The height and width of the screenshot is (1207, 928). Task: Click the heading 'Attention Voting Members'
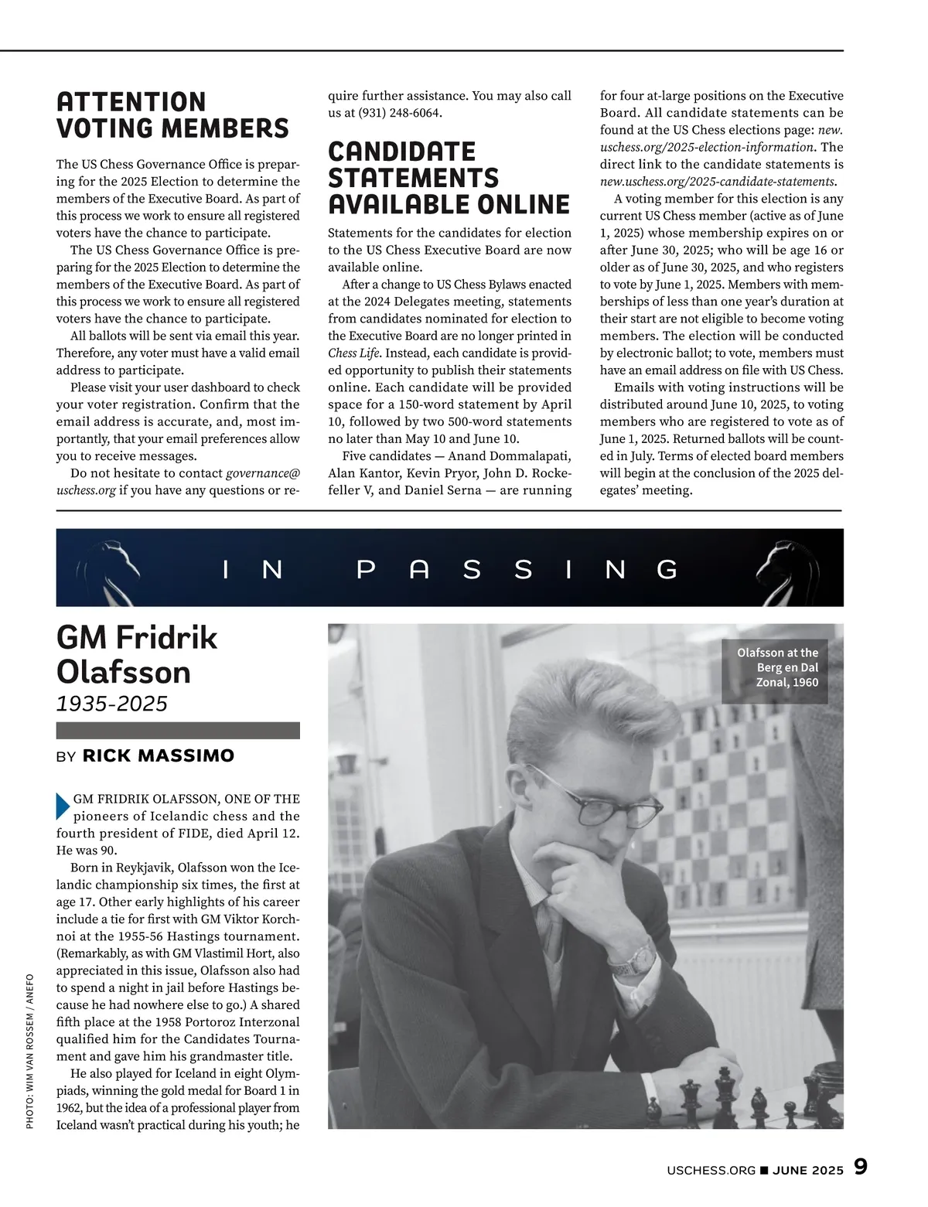(172, 114)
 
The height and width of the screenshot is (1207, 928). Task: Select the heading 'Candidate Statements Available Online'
(449, 178)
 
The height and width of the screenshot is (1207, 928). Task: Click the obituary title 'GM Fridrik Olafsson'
(137, 655)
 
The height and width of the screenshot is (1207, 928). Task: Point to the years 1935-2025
(111, 703)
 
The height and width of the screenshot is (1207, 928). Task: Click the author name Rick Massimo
(158, 755)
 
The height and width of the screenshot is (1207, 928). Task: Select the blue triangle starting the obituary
(63, 806)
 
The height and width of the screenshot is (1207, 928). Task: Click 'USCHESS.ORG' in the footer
(711, 1170)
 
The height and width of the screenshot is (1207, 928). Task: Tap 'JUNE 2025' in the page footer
(808, 1170)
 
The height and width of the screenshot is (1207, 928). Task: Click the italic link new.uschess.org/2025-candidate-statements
(718, 182)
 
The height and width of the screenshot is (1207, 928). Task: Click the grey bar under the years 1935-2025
(178, 731)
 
